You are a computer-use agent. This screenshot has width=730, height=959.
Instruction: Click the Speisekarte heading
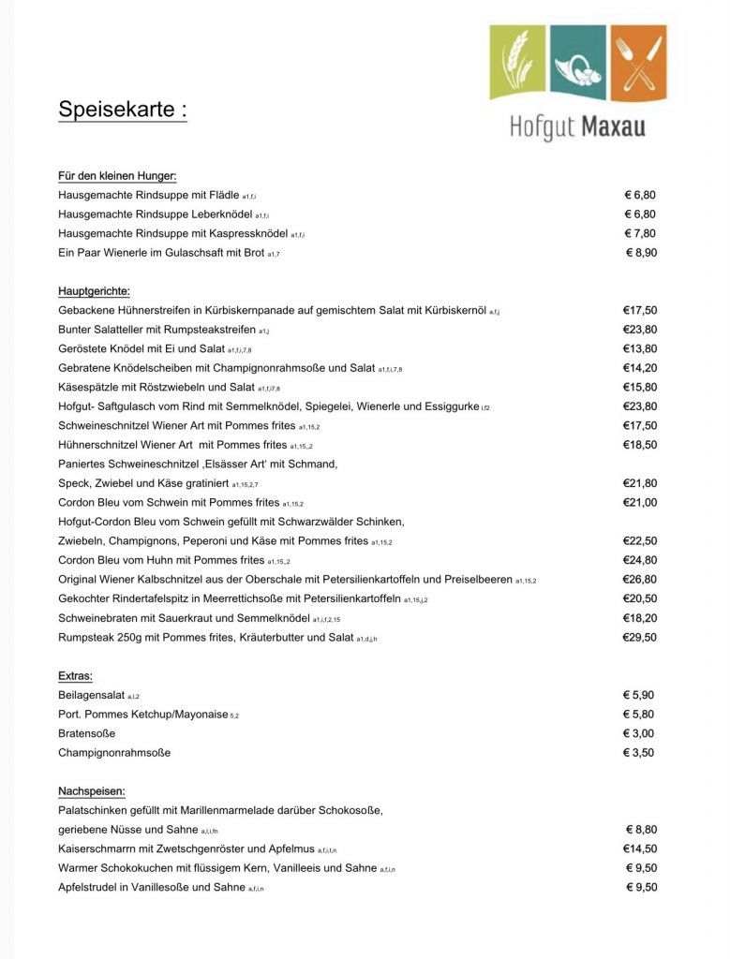[122, 110]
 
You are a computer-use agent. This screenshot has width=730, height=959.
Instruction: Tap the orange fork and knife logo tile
[638, 63]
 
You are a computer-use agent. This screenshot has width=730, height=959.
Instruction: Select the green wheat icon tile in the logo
[517, 63]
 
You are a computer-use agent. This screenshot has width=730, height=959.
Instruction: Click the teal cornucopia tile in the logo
[577, 63]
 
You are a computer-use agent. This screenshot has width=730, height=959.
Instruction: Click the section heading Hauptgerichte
[94, 291]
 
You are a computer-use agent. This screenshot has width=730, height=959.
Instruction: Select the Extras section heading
[75, 675]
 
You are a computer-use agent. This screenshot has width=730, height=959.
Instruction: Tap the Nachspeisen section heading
[91, 790]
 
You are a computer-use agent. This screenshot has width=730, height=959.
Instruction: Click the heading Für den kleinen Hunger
[117, 175]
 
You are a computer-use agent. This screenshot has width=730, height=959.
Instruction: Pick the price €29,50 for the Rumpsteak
[640, 637]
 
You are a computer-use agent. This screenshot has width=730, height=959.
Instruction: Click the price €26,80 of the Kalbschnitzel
[640, 579]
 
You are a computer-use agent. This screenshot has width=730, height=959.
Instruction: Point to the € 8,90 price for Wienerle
[641, 253]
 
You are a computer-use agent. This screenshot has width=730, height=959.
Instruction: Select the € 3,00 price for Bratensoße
[640, 733]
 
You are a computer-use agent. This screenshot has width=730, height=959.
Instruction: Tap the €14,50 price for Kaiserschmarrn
[640, 848]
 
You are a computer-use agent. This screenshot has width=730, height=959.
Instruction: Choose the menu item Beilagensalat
[92, 695]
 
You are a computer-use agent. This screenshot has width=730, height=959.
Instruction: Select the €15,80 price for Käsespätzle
[640, 387]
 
